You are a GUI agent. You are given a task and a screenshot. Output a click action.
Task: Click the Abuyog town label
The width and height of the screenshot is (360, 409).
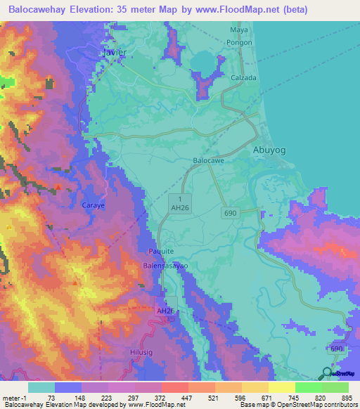coord(269,150)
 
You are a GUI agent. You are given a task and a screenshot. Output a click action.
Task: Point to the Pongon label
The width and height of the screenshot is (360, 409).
coord(239,42)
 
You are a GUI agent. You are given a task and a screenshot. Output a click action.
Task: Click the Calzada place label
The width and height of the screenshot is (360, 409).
coord(243,78)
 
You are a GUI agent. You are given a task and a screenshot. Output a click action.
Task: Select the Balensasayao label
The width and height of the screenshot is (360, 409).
coord(165,267)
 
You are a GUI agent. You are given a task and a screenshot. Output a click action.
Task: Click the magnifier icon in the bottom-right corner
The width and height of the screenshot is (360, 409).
coord(328,374)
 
